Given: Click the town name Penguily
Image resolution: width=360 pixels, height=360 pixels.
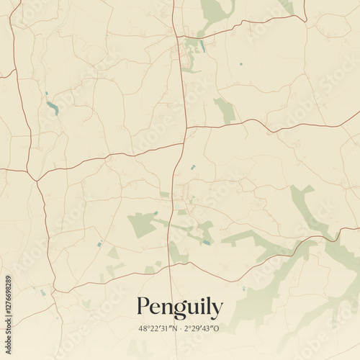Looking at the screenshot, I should tap(179, 307).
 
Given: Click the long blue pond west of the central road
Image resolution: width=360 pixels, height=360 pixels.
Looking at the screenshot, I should tap(53, 108).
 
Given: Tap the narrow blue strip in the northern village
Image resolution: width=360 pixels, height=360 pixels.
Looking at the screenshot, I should tap(202, 46).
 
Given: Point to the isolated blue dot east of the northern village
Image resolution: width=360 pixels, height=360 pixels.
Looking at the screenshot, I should tap(240, 64).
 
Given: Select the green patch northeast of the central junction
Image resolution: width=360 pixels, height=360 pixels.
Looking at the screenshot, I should tap(226, 111).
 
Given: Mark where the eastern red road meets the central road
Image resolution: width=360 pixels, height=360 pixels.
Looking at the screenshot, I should tap(186, 128).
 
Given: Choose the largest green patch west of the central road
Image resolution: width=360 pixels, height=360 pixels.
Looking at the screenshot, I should tap(143, 225).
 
